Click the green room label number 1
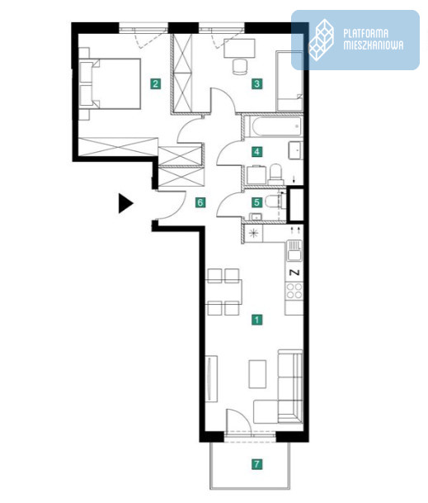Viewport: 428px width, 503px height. pos(257,320)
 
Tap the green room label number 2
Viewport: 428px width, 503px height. pos(155,84)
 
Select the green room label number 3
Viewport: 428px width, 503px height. pos(257,84)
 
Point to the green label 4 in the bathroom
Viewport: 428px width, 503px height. pos(257,151)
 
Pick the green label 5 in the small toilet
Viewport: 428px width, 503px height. pos(257,202)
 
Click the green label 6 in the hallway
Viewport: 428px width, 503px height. pos(200,202)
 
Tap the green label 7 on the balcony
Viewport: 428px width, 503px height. pos(257,464)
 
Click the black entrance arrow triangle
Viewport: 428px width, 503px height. pos(125,203)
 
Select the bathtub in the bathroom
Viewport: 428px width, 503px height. pos(276,126)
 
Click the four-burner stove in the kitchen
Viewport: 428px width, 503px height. pos(294,291)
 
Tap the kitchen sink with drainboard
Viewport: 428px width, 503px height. pos(294,250)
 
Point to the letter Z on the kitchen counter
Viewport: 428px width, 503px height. pos(294,273)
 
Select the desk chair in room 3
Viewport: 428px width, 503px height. pos(240,67)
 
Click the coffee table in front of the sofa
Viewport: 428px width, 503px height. pos(257,374)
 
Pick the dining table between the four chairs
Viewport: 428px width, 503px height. pos(224,292)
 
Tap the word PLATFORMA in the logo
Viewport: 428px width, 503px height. pos(366,34)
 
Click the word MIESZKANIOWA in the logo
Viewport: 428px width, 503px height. pos(374,45)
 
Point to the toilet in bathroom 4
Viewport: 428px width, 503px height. pos(275,173)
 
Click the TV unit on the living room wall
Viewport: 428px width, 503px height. pos(211,378)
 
